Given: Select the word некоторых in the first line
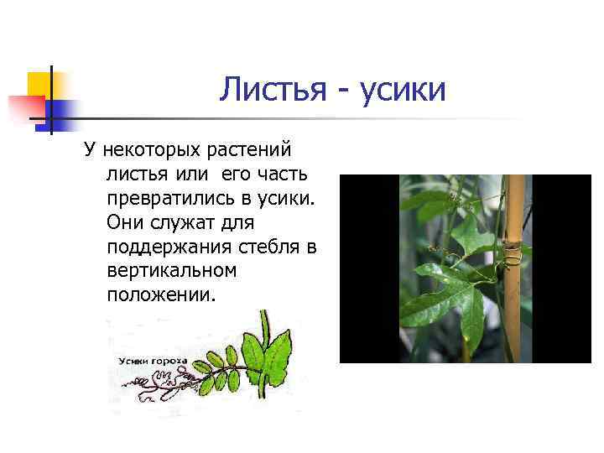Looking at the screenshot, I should [148, 151].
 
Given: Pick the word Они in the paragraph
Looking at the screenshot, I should [126, 223].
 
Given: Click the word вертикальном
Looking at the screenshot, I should [172, 272].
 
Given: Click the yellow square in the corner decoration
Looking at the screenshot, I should [39, 84].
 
